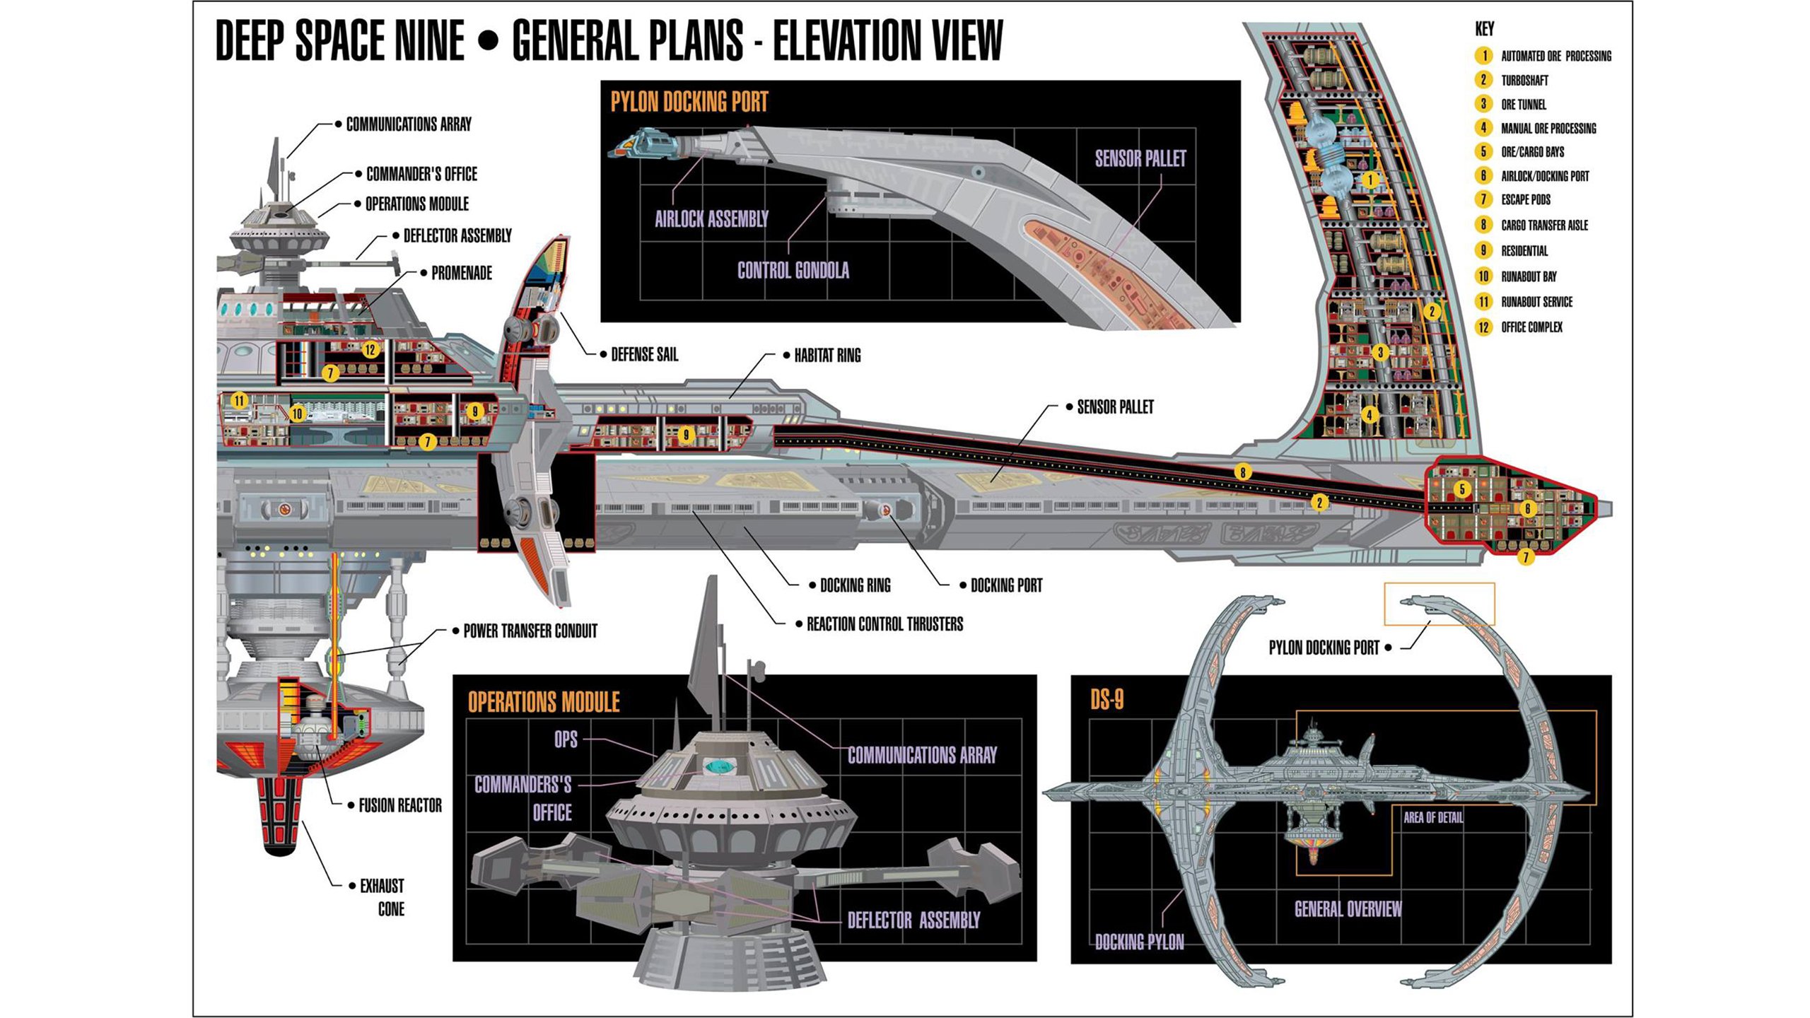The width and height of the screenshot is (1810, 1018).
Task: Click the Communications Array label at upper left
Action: [x=408, y=124]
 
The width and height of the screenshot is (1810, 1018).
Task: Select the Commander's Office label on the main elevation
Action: [x=421, y=174]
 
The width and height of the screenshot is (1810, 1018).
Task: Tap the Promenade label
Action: [x=461, y=273]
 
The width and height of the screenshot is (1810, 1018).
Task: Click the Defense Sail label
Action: [x=644, y=355]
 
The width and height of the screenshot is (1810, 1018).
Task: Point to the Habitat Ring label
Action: [x=827, y=356]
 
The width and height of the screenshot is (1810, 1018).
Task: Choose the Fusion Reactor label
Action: [x=399, y=805]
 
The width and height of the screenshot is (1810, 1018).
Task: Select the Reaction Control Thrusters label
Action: [x=884, y=624]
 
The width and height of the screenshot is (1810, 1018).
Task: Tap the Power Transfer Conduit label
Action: [x=530, y=631]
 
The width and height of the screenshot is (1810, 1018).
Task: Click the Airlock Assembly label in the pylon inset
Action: [x=711, y=219]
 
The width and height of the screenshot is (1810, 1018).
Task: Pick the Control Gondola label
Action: [x=793, y=270]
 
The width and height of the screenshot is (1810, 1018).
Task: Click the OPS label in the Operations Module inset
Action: [x=566, y=739]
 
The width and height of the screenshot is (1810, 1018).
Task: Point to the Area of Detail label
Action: [x=1433, y=818]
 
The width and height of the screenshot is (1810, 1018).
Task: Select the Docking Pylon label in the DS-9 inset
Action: [x=1139, y=942]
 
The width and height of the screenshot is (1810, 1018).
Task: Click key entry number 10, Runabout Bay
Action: [x=1529, y=276]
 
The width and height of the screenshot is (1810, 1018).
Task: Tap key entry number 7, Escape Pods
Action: [x=1526, y=200]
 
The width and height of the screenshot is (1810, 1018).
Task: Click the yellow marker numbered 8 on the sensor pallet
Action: [x=1242, y=472]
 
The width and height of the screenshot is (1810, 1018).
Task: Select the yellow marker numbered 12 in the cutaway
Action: [x=370, y=349]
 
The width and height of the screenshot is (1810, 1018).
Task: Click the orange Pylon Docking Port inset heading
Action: [x=689, y=102]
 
